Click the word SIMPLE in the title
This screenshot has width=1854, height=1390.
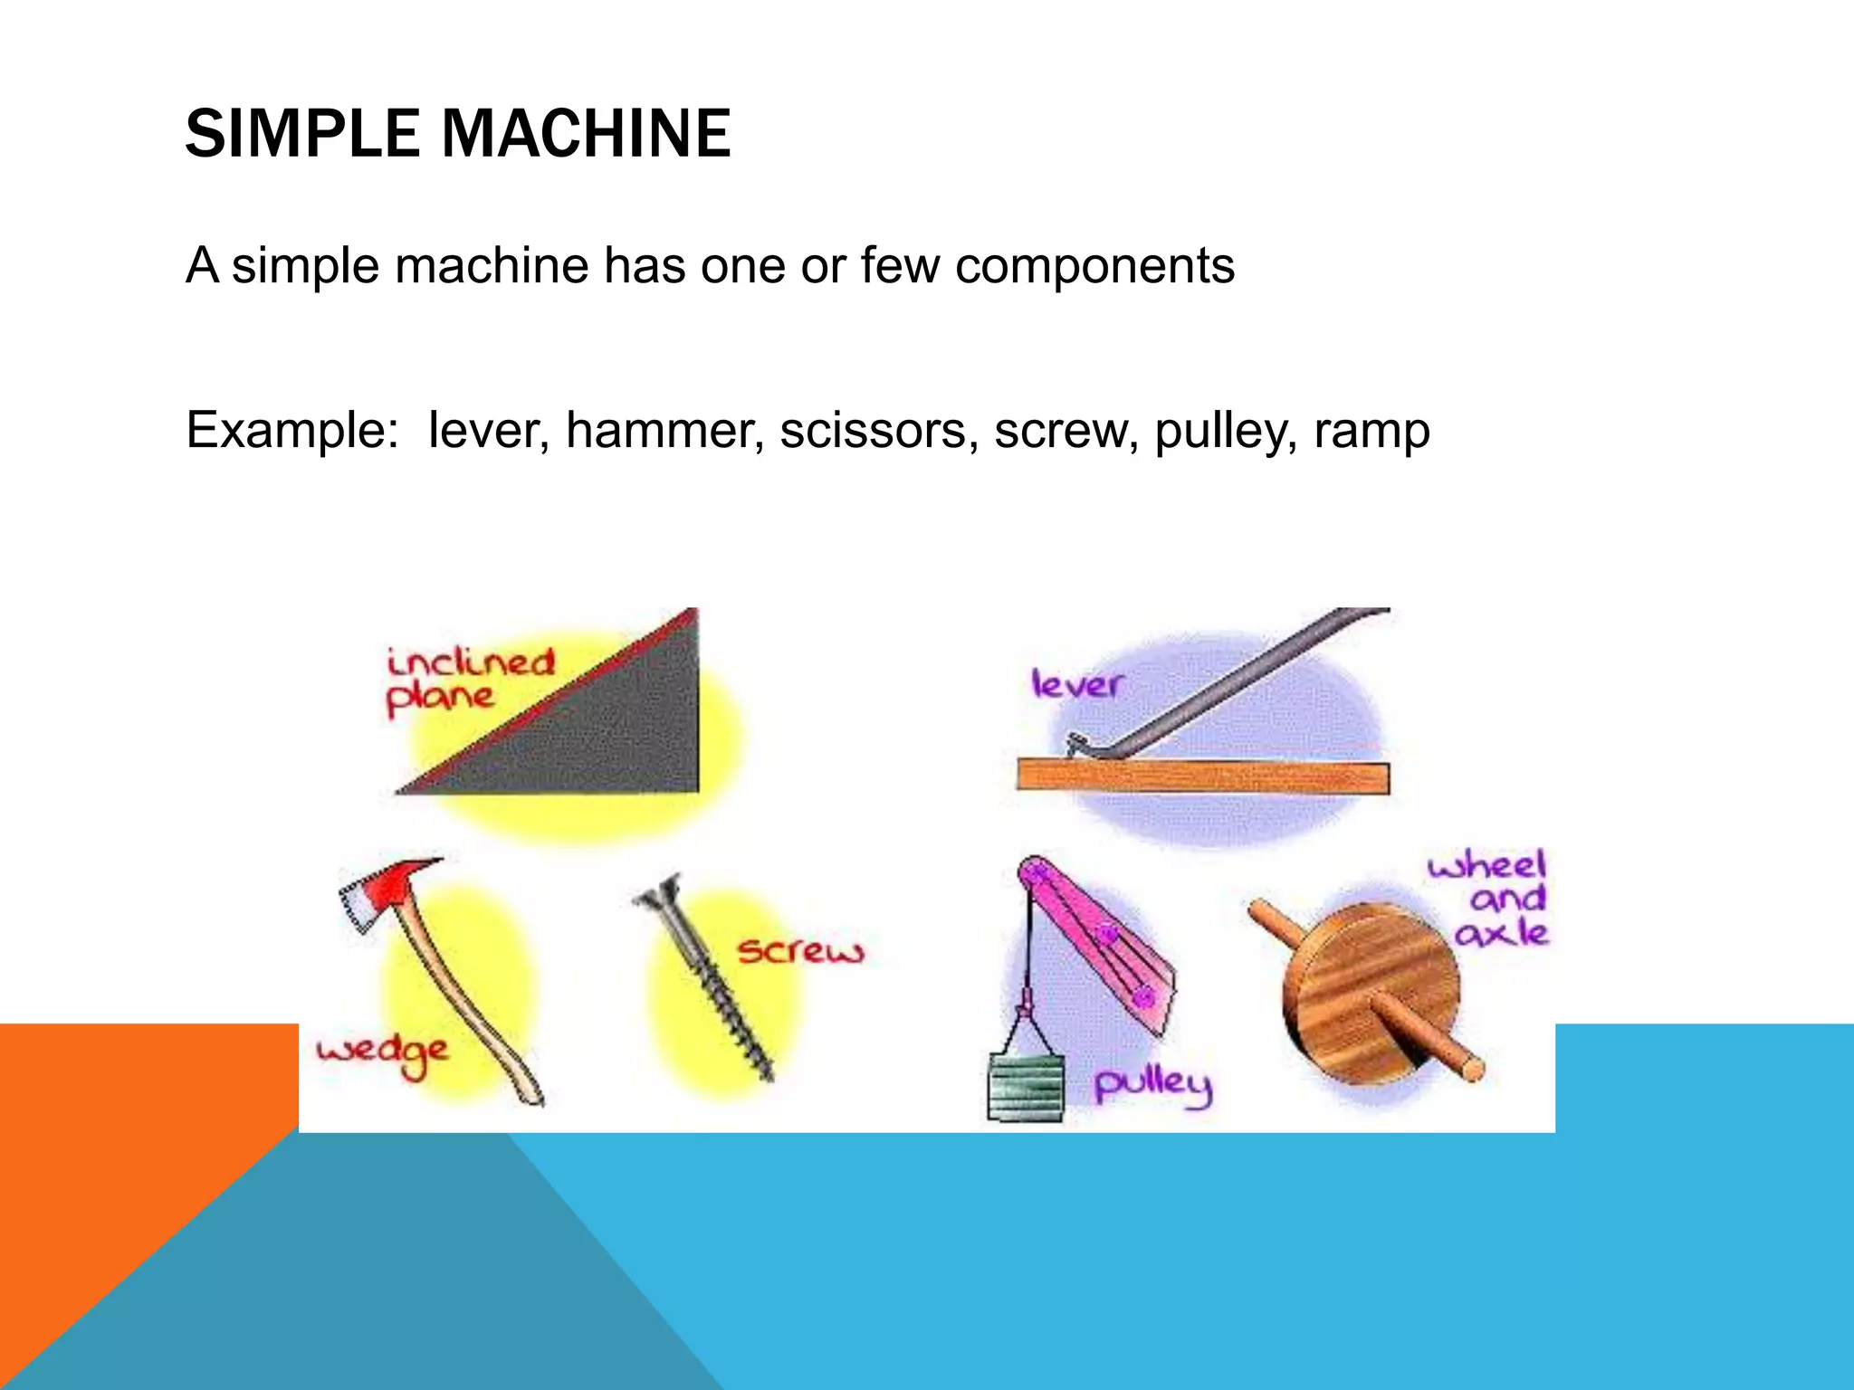pos(301,134)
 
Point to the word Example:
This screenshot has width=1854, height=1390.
pos(291,430)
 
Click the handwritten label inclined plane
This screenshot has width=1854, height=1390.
pos(466,680)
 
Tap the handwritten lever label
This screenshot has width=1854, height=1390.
pos(1076,684)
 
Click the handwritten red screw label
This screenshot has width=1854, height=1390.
pos(800,951)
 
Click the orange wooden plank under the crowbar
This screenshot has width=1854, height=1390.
pos(1202,777)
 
